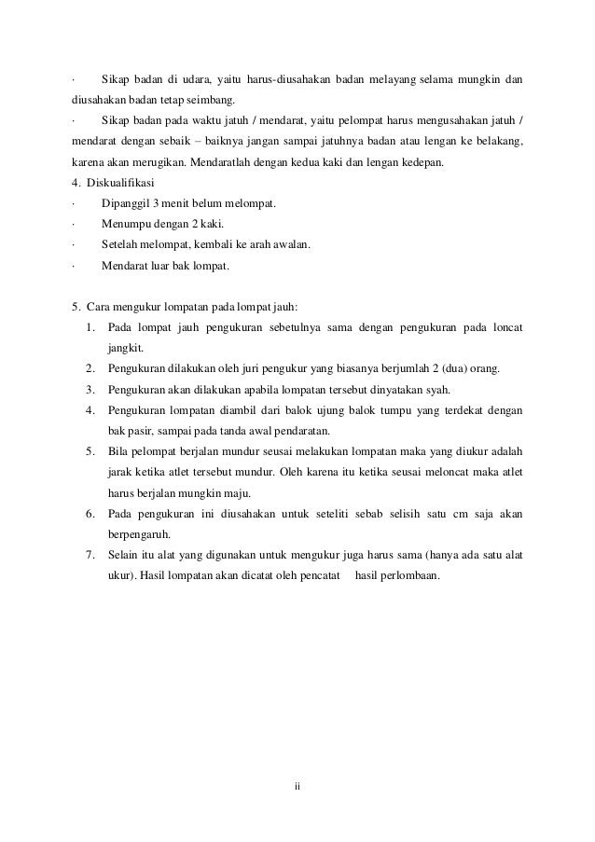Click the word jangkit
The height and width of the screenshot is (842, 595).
click(125, 349)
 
